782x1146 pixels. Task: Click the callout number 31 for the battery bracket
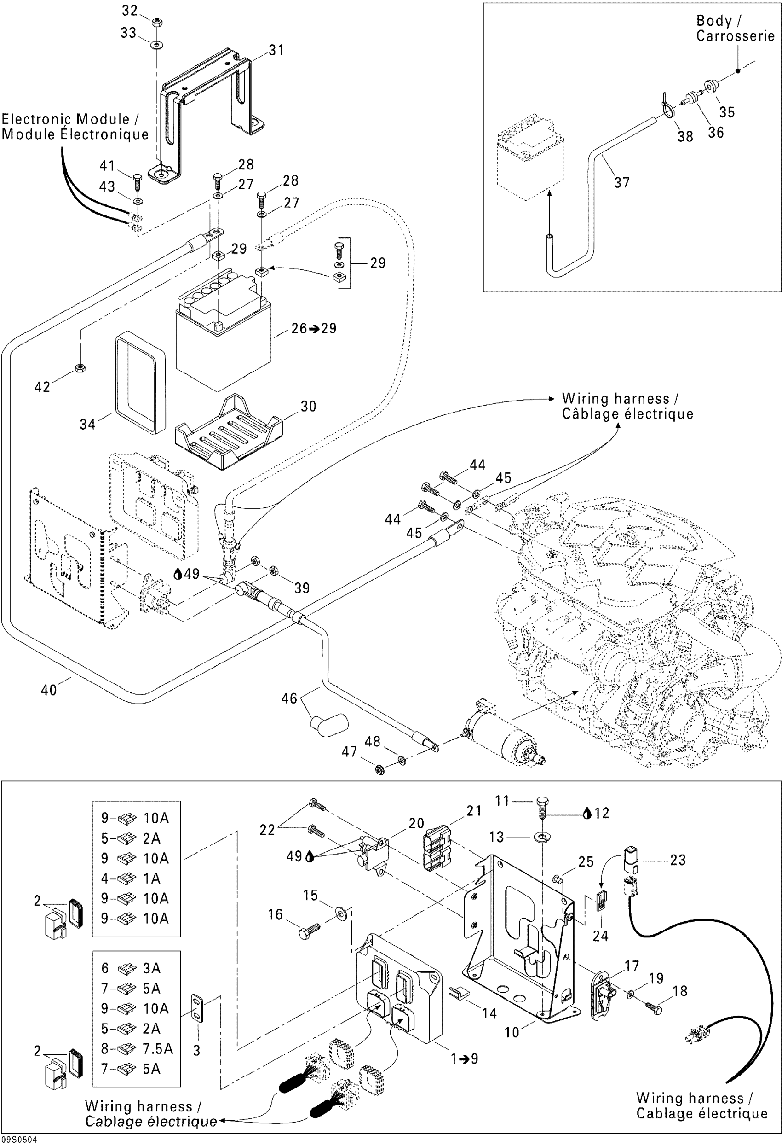point(276,50)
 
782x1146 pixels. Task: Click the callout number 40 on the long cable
point(49,690)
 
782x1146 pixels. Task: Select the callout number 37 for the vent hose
point(622,183)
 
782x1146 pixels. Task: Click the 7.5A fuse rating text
point(158,1049)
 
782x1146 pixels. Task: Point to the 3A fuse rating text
point(152,968)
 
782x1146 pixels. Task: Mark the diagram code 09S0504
point(19,1140)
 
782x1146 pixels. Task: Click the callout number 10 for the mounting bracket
point(512,1033)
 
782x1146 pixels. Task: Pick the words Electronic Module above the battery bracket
point(65,119)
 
